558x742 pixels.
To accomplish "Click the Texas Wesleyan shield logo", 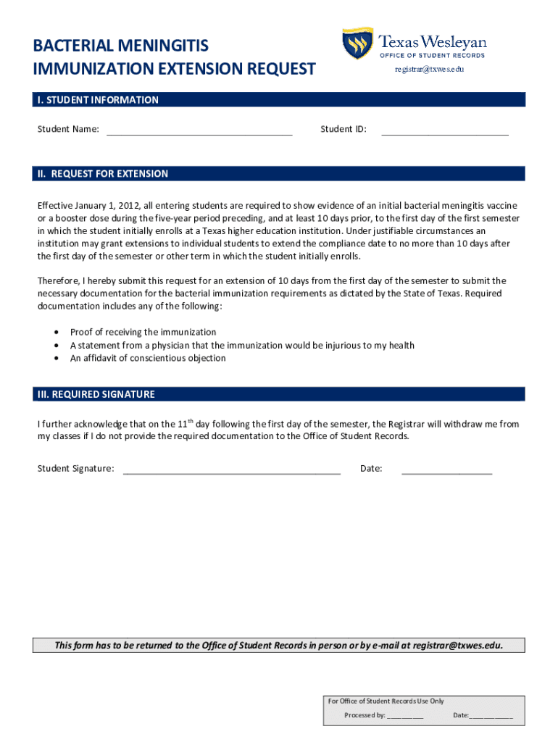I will pos(357,43).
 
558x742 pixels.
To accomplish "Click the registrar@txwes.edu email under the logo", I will pos(428,70).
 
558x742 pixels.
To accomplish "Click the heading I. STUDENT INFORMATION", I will pos(98,100).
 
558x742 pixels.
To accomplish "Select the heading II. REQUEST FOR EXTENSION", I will pos(103,174).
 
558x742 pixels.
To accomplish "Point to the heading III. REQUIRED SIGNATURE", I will pos(96,394).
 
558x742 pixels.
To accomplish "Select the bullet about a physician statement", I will pos(242,345).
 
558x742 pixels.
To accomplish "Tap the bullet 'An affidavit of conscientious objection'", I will pos(148,358).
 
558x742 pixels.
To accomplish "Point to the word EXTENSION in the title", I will pos(200,69).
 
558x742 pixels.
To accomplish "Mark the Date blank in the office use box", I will pos(491,716).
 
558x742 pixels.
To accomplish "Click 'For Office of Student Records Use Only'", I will pos(386,701).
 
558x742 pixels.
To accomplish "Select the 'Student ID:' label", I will pos(343,130).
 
